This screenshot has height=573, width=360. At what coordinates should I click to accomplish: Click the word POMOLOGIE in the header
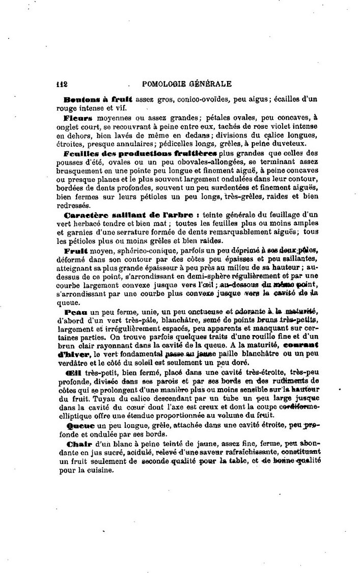click(165, 84)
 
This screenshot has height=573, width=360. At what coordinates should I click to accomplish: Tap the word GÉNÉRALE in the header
click(210, 84)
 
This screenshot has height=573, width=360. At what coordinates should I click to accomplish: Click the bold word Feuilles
click(81, 153)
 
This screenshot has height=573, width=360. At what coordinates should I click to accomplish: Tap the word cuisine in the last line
click(103, 471)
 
